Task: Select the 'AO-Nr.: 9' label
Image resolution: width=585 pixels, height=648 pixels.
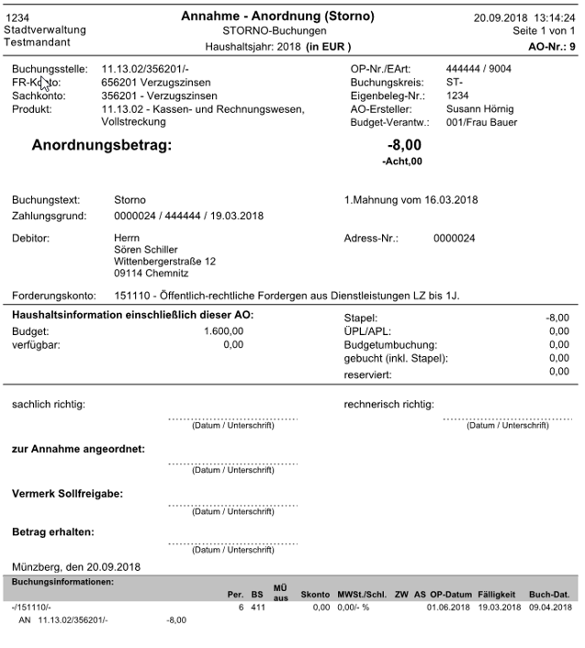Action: (553, 46)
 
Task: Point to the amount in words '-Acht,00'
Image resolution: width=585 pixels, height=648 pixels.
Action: (402, 162)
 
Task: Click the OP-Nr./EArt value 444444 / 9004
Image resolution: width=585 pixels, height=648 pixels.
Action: (478, 69)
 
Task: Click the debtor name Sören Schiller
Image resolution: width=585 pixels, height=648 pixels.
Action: (146, 249)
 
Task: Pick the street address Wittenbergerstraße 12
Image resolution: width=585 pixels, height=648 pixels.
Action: (164, 261)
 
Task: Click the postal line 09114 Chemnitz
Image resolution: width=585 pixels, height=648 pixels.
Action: (152, 273)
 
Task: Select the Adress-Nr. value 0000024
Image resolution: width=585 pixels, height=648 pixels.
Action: (455, 238)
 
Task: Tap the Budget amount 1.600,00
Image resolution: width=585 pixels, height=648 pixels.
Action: (223, 331)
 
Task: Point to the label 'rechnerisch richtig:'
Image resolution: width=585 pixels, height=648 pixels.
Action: (389, 404)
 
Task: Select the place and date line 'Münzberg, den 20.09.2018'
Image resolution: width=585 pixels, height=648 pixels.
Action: (74, 566)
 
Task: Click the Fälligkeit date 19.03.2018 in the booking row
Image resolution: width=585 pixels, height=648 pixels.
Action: (500, 608)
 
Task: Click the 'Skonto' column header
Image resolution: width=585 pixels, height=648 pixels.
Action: (315, 595)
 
